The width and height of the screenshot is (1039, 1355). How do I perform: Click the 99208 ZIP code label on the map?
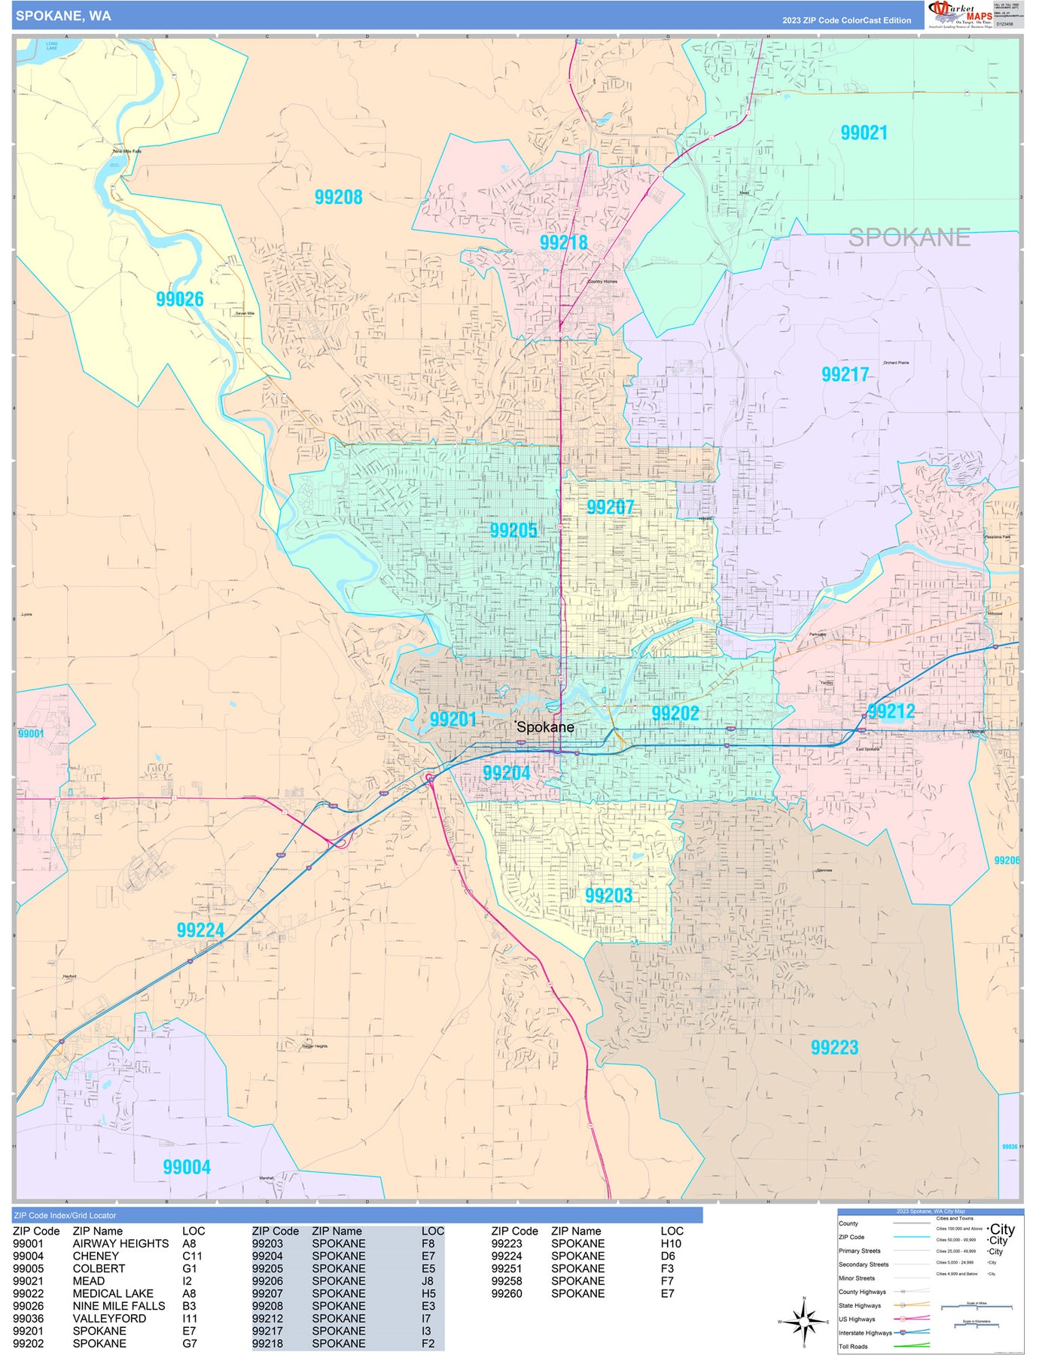[x=338, y=197]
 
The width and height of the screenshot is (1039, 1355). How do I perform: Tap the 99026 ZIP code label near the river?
[x=179, y=300]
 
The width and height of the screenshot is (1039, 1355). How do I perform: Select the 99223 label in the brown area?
[x=834, y=1047]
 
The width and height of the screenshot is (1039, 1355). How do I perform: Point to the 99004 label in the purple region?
[x=187, y=1167]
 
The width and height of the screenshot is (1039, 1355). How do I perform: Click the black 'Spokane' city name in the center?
[x=545, y=727]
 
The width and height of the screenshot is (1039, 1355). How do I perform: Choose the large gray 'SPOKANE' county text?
[x=909, y=238]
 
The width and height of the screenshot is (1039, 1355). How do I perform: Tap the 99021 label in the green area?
[x=864, y=133]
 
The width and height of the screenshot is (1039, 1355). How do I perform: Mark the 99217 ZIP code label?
[x=845, y=374]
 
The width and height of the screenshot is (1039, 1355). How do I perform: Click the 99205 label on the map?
[x=513, y=530]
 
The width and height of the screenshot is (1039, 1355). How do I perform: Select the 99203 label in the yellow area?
[x=608, y=896]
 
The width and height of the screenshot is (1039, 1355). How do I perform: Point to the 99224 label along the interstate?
[x=200, y=930]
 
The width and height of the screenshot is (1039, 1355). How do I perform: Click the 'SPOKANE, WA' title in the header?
[x=63, y=16]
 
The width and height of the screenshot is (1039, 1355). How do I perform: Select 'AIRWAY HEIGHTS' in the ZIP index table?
[x=120, y=1244]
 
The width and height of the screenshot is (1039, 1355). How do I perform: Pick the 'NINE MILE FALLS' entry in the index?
[x=118, y=1306]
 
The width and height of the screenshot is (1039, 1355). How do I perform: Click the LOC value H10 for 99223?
[x=671, y=1244]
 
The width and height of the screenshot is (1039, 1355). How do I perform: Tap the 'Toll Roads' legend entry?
[x=853, y=1347]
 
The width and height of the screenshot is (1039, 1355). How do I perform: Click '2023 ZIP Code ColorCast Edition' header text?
[x=846, y=20]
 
